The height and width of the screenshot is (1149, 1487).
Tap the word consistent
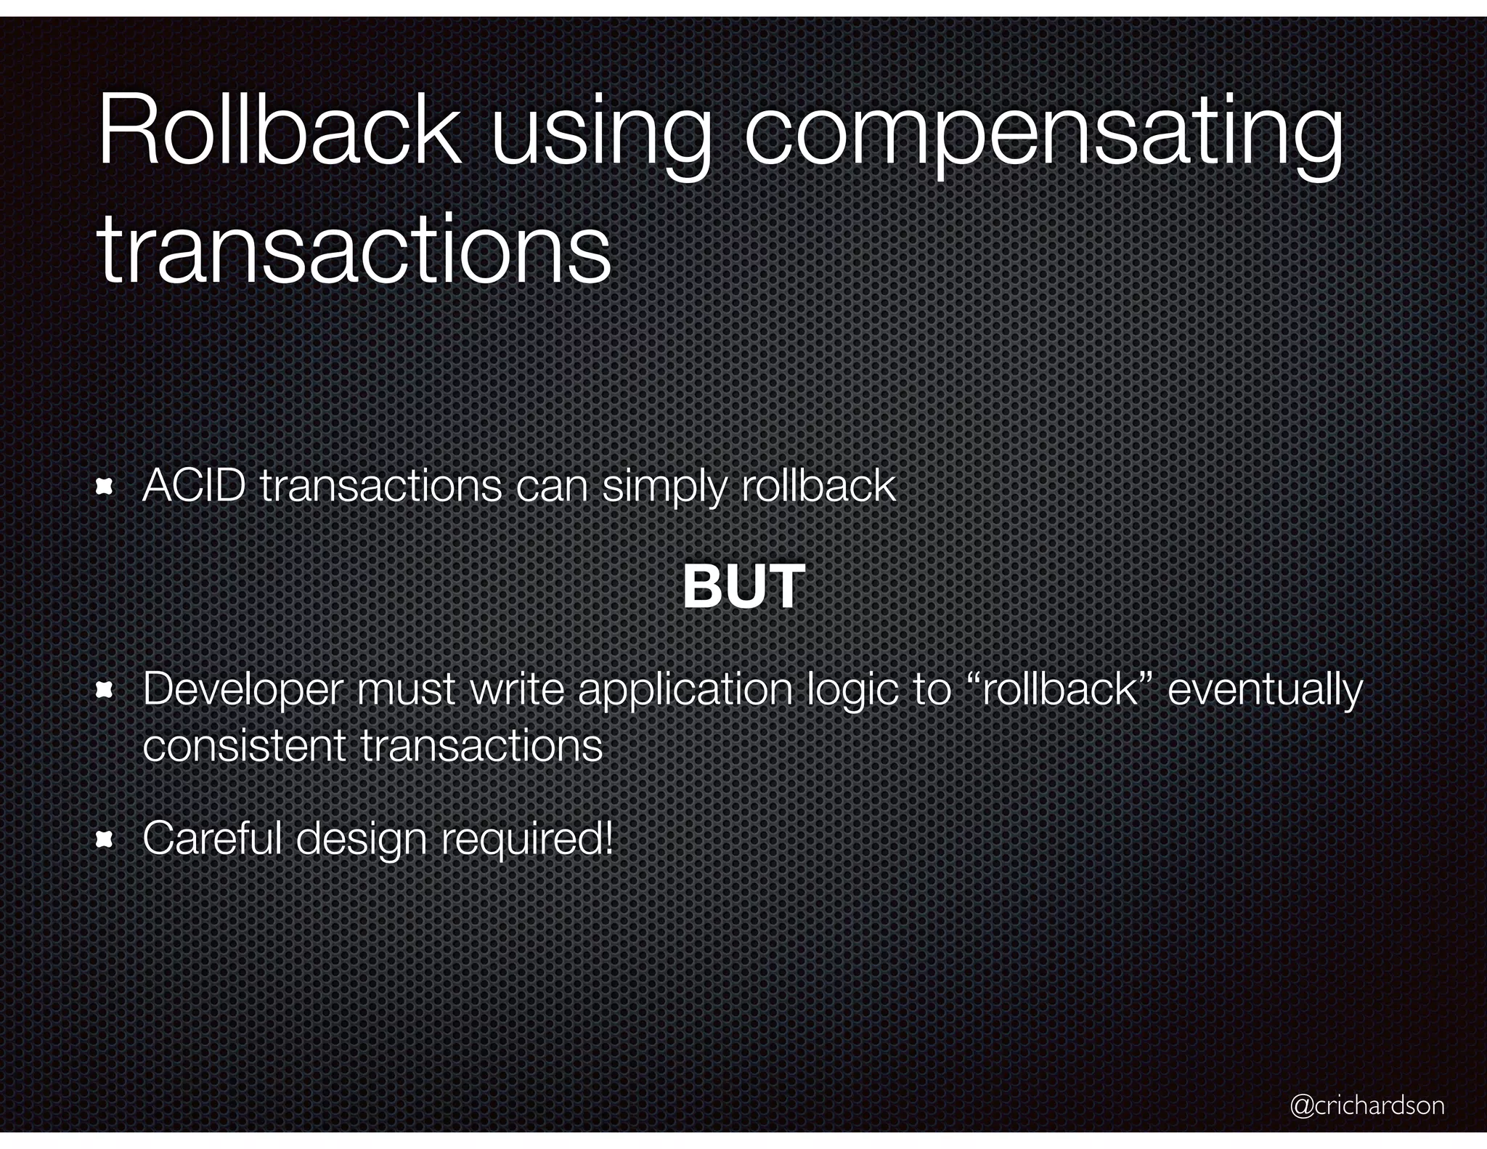[244, 745]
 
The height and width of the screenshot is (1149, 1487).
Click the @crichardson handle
[1367, 1105]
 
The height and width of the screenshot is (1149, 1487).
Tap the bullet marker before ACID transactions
[105, 487]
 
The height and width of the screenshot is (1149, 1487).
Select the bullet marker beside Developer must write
[105, 691]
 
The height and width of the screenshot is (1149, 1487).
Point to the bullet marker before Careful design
[105, 840]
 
